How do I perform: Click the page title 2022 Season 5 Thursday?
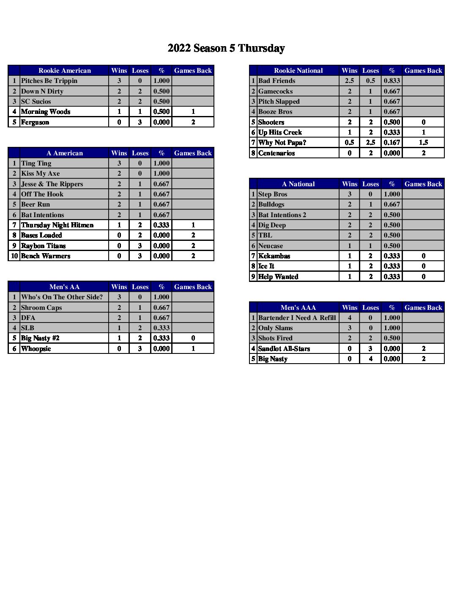click(226, 48)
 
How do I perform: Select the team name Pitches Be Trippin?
click(49, 81)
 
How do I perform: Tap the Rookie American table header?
click(64, 71)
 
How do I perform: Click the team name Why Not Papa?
click(282, 143)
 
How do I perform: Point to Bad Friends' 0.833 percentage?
click(392, 81)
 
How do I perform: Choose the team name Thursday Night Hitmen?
click(57, 225)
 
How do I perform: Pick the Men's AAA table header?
click(298, 308)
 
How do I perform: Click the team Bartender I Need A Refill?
click(297, 318)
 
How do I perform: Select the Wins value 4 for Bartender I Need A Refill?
click(350, 318)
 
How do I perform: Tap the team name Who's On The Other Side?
click(62, 297)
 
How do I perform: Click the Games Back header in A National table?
click(423, 184)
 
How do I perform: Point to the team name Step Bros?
click(273, 194)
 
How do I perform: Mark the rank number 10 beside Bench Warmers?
click(14, 256)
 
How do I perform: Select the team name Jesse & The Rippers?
click(52, 184)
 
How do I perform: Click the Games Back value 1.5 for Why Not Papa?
click(423, 143)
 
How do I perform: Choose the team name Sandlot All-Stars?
click(284, 349)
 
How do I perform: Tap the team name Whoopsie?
click(36, 349)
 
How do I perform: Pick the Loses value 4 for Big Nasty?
click(370, 359)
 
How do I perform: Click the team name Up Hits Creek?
click(280, 132)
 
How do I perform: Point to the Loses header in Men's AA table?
click(140, 287)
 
